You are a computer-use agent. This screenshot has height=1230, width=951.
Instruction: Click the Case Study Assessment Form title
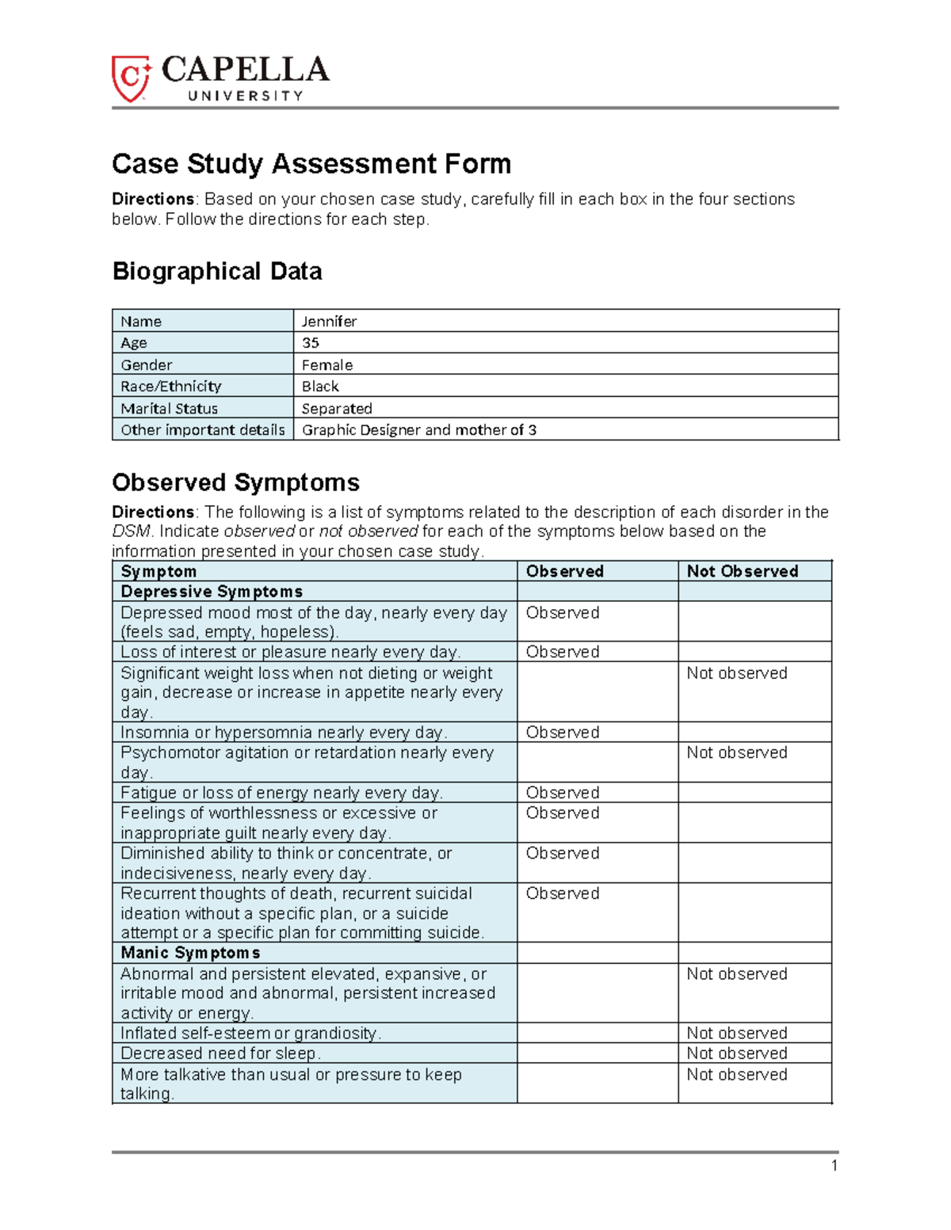click(x=311, y=164)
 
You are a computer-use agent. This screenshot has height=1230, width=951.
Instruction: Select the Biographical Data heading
click(x=217, y=272)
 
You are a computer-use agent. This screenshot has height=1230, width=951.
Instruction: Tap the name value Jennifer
click(x=329, y=321)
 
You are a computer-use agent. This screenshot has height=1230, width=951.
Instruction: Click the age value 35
click(x=311, y=343)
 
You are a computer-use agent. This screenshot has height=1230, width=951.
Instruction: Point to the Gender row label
click(x=147, y=364)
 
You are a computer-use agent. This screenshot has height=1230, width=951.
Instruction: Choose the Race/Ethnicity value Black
click(x=320, y=387)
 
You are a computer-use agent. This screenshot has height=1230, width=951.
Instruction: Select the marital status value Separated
click(x=337, y=409)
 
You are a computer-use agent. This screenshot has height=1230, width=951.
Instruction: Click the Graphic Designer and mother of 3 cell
click(x=418, y=430)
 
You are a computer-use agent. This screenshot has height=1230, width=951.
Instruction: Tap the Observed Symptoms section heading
click(x=235, y=482)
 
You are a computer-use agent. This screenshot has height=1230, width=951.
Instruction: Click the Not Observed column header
click(x=742, y=571)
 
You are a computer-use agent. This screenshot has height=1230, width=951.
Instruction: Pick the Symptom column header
click(x=158, y=571)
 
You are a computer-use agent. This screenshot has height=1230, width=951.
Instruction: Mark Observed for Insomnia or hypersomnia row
click(x=562, y=733)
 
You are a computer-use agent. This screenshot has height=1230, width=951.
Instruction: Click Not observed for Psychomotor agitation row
click(x=736, y=752)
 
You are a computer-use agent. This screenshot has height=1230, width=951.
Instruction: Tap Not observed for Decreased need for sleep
click(x=736, y=1053)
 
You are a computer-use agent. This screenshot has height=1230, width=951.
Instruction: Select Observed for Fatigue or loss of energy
click(x=562, y=793)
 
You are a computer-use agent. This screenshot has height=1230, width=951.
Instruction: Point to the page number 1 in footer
click(x=834, y=1165)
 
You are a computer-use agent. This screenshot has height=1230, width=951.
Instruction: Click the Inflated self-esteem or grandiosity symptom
click(x=250, y=1034)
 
